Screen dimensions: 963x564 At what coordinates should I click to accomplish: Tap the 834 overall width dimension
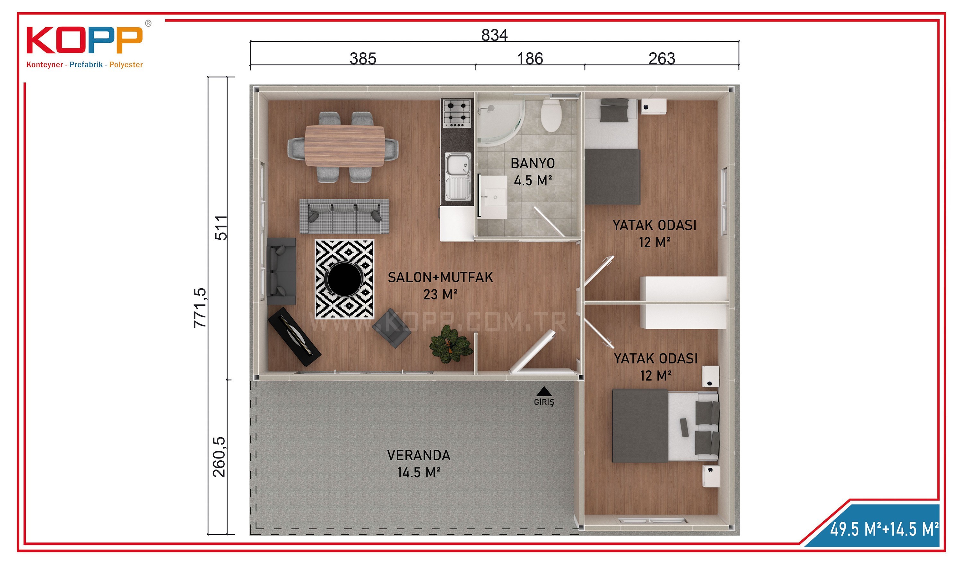[494, 35]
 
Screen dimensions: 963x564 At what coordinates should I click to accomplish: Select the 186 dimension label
[530, 58]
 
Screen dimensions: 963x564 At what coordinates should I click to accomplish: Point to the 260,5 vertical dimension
[219, 457]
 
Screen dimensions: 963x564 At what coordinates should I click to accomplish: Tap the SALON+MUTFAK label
[440, 277]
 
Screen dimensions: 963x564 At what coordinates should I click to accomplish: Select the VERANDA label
[419, 455]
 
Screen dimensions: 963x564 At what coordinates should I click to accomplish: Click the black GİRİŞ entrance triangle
[543, 391]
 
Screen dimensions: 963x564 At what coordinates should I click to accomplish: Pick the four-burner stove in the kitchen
[457, 113]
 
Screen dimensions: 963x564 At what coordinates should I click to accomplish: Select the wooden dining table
[345, 146]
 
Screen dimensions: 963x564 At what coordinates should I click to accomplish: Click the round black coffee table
[343, 279]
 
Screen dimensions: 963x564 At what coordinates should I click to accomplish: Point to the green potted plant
[451, 343]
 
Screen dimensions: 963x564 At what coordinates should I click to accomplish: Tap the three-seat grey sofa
[344, 216]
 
